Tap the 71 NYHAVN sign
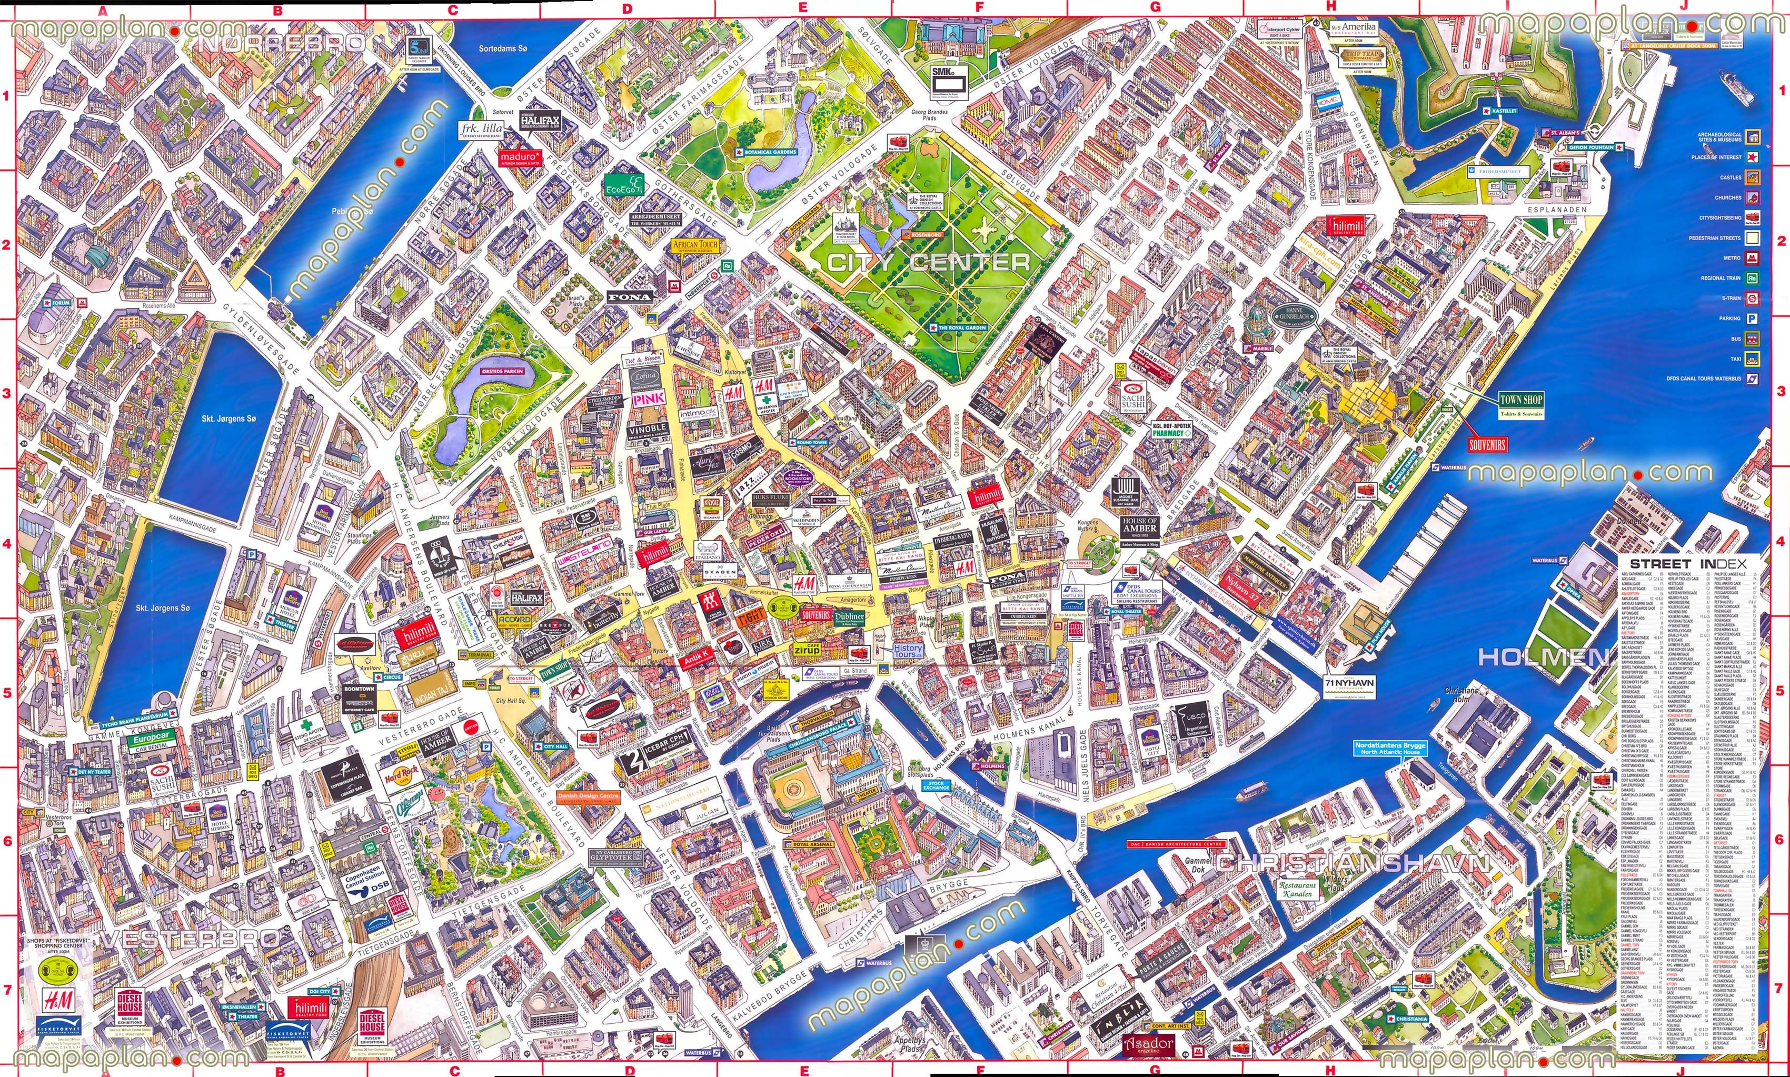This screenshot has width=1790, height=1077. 1349,686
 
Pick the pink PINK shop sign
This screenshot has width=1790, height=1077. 648,399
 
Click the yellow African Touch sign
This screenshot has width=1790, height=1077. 694,245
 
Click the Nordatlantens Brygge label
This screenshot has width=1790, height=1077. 1389,748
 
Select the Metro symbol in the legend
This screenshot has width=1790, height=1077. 1752,257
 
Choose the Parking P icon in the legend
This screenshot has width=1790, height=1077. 1752,318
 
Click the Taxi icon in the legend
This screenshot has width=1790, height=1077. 1752,358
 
